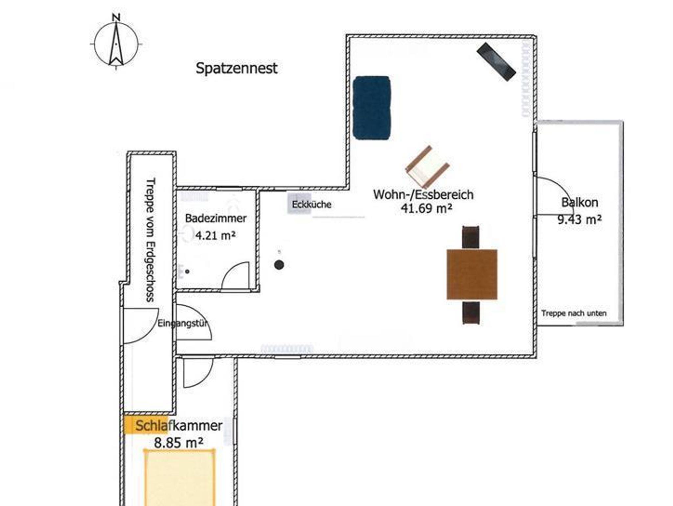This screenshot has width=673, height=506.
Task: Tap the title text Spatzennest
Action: (237, 68)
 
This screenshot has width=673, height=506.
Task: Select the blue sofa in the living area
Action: (372, 108)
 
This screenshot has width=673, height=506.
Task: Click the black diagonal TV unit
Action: (496, 62)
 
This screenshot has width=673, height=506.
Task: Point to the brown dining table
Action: (472, 274)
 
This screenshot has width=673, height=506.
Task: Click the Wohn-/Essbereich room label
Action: (423, 195)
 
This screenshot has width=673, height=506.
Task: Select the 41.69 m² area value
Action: (426, 208)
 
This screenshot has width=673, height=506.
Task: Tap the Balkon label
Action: (580, 202)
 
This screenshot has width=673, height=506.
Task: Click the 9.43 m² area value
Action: (580, 219)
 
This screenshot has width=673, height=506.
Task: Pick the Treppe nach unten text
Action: (574, 313)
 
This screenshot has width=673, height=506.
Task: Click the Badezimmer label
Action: (216, 218)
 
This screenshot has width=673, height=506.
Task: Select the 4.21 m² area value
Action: (216, 235)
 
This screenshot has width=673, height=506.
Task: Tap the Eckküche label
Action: (312, 204)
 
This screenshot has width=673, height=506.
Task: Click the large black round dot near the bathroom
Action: (279, 265)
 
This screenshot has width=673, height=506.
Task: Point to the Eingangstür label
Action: (183, 323)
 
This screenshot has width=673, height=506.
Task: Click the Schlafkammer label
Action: (179, 426)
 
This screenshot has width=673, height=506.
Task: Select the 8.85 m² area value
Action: (178, 443)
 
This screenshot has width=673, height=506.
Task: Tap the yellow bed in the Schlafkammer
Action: (179, 477)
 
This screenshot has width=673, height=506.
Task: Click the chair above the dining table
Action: (471, 237)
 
